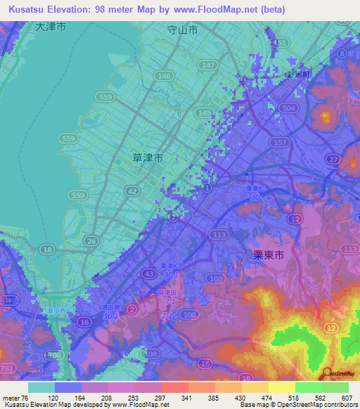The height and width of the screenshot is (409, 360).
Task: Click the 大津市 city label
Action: [51, 27]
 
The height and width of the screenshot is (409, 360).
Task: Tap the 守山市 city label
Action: [183, 31]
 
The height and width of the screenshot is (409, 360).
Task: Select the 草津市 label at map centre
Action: [148, 159]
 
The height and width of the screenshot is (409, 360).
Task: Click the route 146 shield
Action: [165, 76]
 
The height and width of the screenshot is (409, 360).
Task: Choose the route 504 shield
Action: [287, 108]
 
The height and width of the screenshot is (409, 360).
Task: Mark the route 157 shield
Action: [279, 143]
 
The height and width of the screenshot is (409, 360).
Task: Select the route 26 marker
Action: [91, 241]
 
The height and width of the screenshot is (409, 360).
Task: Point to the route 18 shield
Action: [48, 249]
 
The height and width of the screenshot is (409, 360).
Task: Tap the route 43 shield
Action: [148, 273]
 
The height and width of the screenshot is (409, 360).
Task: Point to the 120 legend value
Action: [54, 398]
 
